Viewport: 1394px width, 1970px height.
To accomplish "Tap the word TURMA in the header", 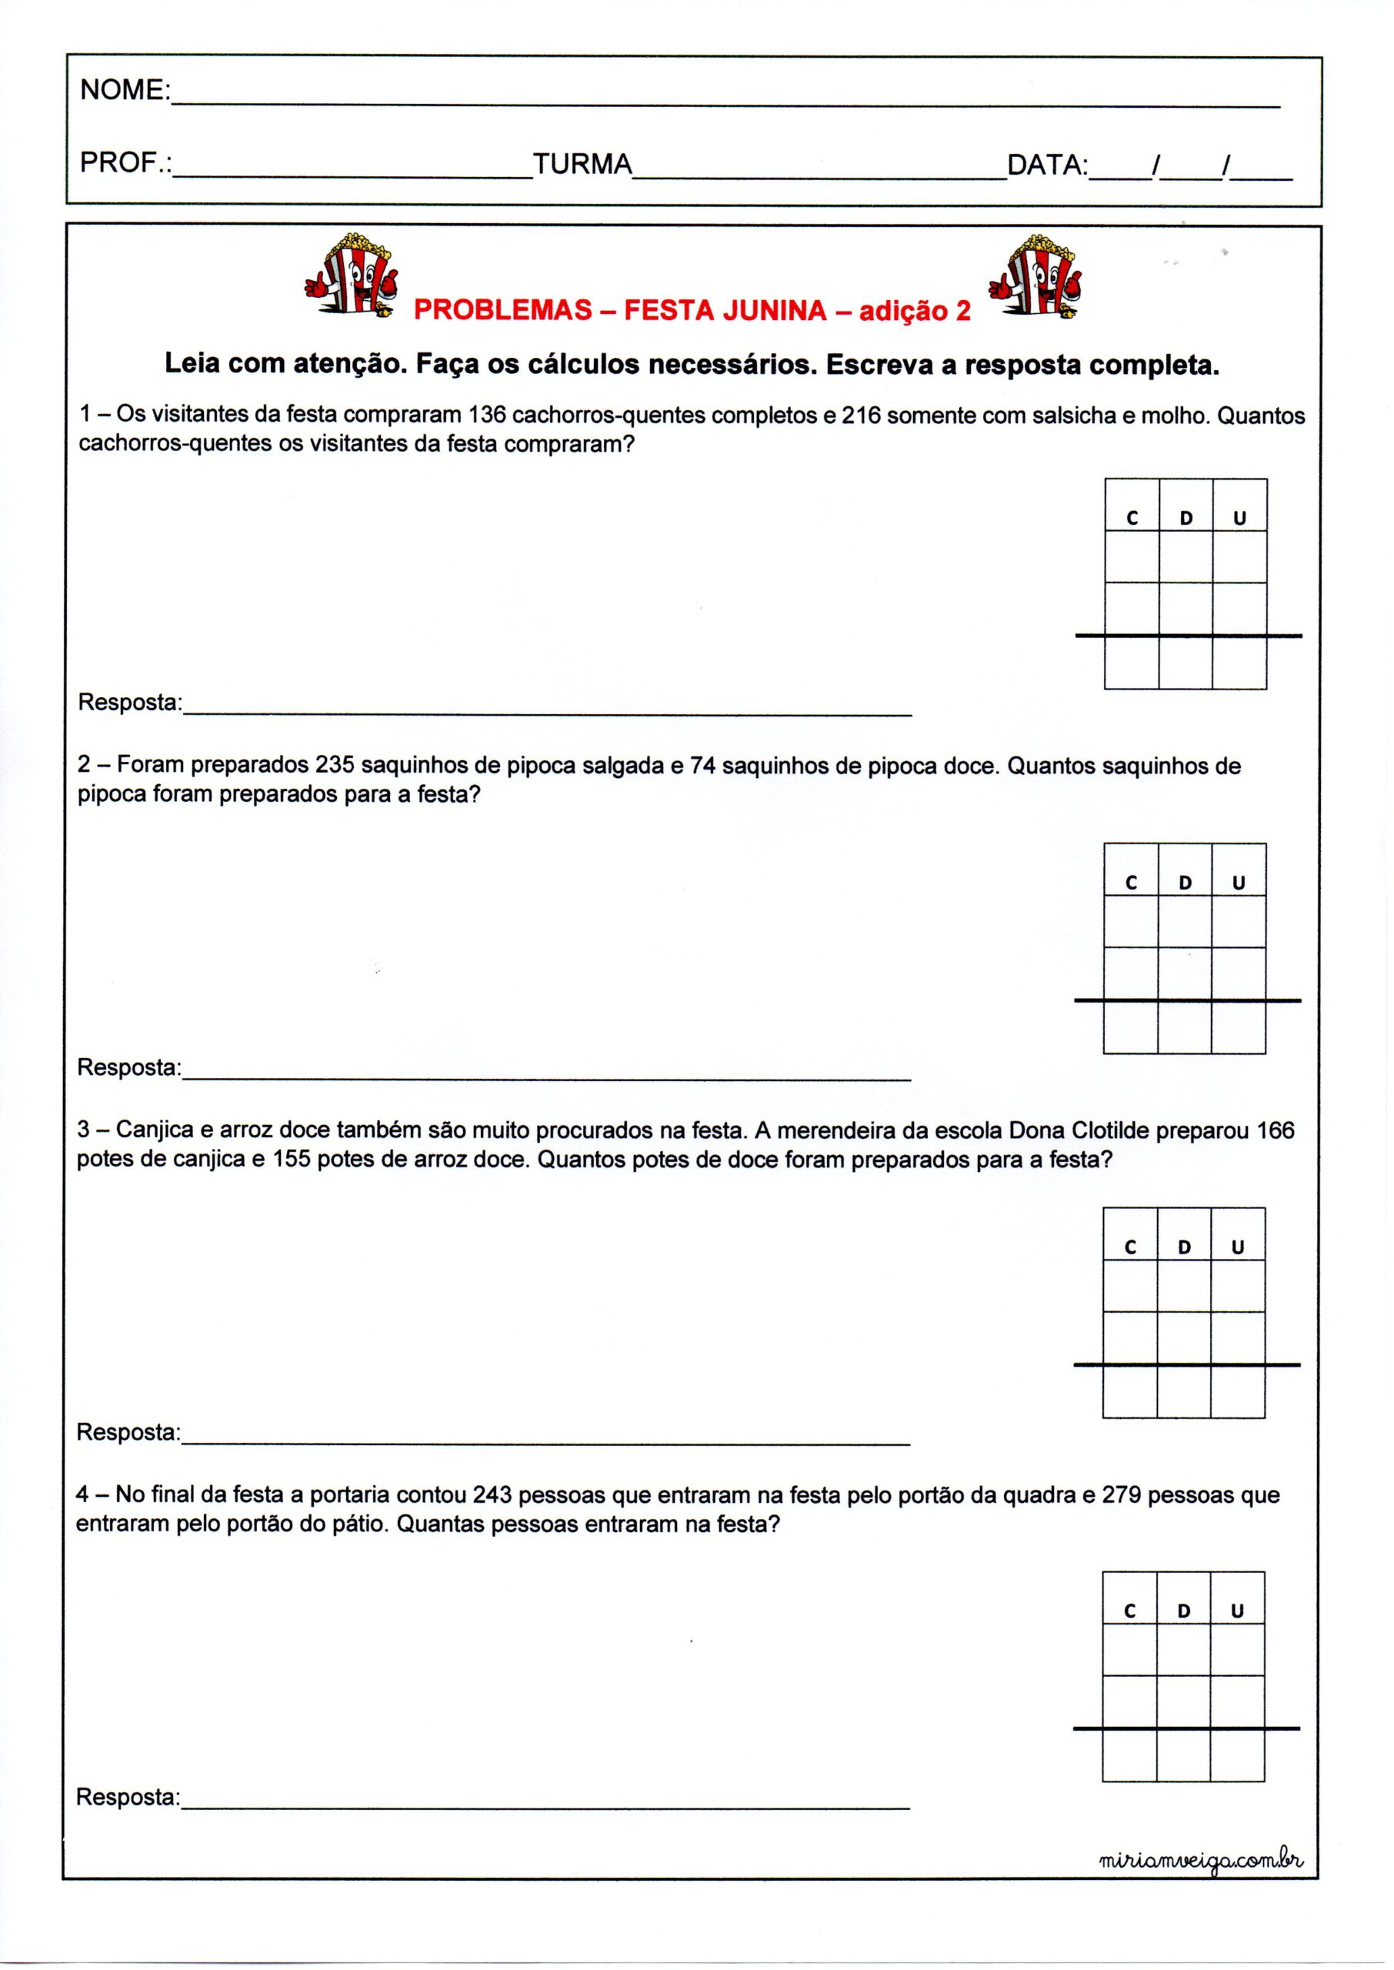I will coord(582,163).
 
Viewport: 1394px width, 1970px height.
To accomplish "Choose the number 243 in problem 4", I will coord(492,1494).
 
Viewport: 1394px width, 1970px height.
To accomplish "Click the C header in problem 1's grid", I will coord(1132,518).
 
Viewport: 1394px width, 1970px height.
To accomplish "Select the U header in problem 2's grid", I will coord(1238,883).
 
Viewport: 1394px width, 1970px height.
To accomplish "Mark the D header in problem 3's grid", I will coord(1184,1248).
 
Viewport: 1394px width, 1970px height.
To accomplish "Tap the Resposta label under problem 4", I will coord(128,1798).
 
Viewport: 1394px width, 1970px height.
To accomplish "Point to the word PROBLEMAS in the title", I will coord(502,311).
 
